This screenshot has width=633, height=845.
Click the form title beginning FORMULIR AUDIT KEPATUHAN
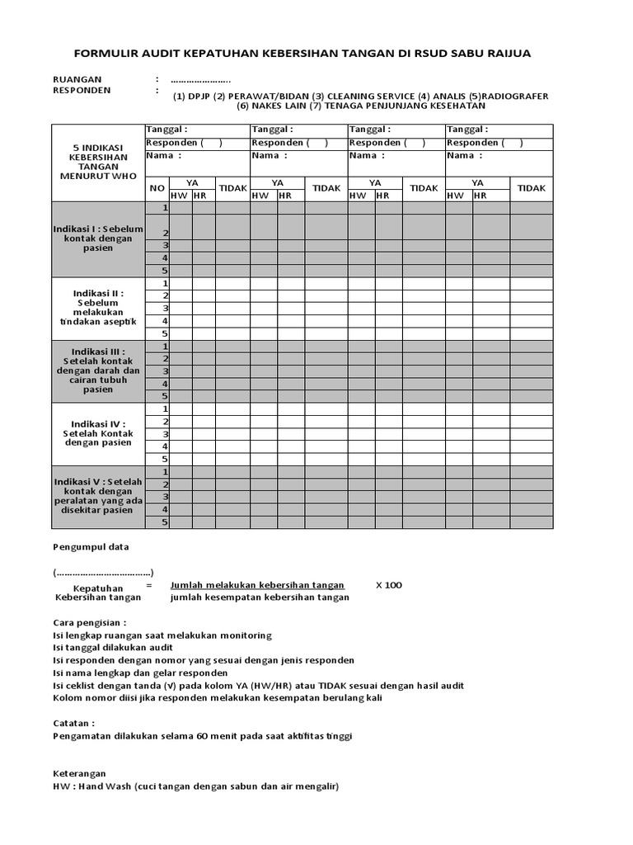pos(302,53)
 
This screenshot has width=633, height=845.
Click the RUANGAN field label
pos(77,79)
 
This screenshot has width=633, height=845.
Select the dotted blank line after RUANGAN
pos(200,80)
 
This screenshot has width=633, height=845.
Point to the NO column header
pos(157,188)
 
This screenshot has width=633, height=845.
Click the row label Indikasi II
pos(98,308)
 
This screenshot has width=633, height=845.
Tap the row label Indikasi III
pos(98,371)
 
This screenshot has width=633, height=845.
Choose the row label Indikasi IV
pos(98,433)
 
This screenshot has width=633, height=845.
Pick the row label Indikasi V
pos(98,496)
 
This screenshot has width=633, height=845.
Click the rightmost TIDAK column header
pos(531,188)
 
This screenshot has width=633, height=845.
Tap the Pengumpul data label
pos(91,546)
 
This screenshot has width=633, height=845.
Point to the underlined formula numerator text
pos(257,585)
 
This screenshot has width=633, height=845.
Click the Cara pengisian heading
pos(90,623)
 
